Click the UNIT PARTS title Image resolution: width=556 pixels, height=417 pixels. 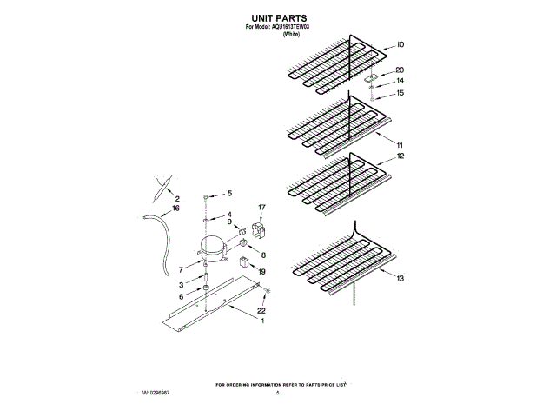tap(279, 17)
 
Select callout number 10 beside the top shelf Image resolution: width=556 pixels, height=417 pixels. tap(400, 44)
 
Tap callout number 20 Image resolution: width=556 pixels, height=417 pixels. tap(400, 70)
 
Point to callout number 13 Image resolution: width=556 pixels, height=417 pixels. tap(400, 279)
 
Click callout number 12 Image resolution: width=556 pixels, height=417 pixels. tap(400, 156)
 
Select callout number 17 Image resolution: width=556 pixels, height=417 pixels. tap(261, 207)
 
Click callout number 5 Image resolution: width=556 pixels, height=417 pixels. tap(230, 194)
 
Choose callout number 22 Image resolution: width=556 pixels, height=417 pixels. tap(261, 310)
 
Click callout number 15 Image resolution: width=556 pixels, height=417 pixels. tap(400, 93)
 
